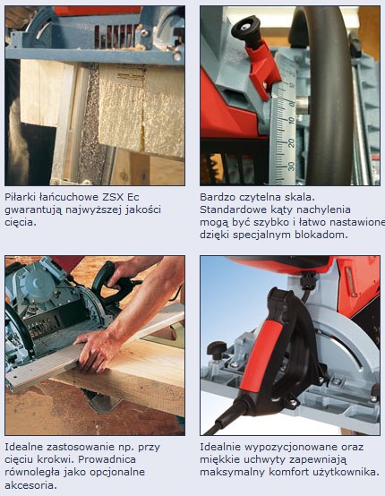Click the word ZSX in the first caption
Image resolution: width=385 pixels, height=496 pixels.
tap(113, 197)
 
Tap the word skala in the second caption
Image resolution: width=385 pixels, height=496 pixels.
tap(300, 197)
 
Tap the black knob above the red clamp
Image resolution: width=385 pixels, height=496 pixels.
tap(246, 29)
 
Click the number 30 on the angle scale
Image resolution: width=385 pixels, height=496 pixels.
tap(291, 166)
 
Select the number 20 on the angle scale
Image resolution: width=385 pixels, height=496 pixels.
tap(291, 143)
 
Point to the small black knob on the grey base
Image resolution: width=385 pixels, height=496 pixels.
tap(217, 350)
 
